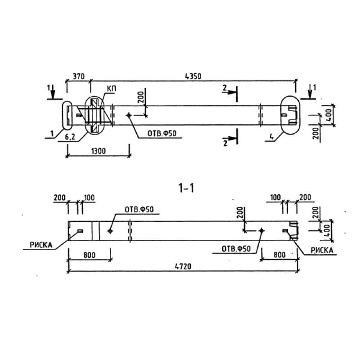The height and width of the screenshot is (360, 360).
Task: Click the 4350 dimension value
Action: point(193,76)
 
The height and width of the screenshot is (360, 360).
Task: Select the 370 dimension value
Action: point(78,76)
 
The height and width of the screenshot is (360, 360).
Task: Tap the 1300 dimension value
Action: point(99,151)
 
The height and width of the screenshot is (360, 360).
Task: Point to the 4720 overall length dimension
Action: point(183,266)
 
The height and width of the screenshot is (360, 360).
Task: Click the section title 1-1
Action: point(186,188)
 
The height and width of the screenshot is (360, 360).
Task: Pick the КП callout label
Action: point(111,89)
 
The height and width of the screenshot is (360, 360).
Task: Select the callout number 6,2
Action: point(70,137)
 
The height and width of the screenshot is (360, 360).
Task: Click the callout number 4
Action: point(272,137)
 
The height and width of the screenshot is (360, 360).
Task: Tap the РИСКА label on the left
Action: point(41,245)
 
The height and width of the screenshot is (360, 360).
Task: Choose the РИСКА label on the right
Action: point(322,250)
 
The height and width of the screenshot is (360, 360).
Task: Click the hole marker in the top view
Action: point(129,115)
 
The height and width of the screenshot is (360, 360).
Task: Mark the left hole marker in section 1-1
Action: point(110,231)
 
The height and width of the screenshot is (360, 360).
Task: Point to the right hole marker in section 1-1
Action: point(261,230)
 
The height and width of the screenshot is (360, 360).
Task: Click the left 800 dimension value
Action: point(89,255)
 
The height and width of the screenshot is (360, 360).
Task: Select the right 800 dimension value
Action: point(279,255)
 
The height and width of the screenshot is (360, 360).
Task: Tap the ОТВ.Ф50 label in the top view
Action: point(162,133)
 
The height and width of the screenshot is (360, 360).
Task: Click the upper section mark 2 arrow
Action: point(230,92)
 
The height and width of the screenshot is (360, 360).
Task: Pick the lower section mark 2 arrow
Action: point(230,139)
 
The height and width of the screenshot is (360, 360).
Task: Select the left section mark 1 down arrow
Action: point(53,92)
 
